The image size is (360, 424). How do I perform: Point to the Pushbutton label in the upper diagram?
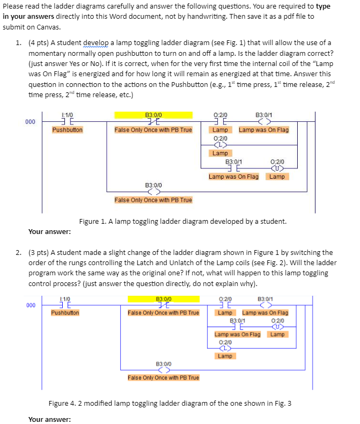(67, 130)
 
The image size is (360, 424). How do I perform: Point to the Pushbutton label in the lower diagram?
(65, 312)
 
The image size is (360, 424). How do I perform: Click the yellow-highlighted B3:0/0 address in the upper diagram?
(153, 114)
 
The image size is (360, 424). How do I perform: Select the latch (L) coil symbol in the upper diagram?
(220, 145)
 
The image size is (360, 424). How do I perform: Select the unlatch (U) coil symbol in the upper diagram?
(277, 168)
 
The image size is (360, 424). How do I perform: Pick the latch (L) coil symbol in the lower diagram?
(224, 348)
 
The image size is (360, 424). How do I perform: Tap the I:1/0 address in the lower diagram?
(65, 298)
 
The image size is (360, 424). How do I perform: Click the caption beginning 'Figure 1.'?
(182, 221)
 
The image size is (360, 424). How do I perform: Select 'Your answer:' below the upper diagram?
(49, 232)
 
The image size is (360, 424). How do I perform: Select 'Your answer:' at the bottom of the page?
(49, 419)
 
